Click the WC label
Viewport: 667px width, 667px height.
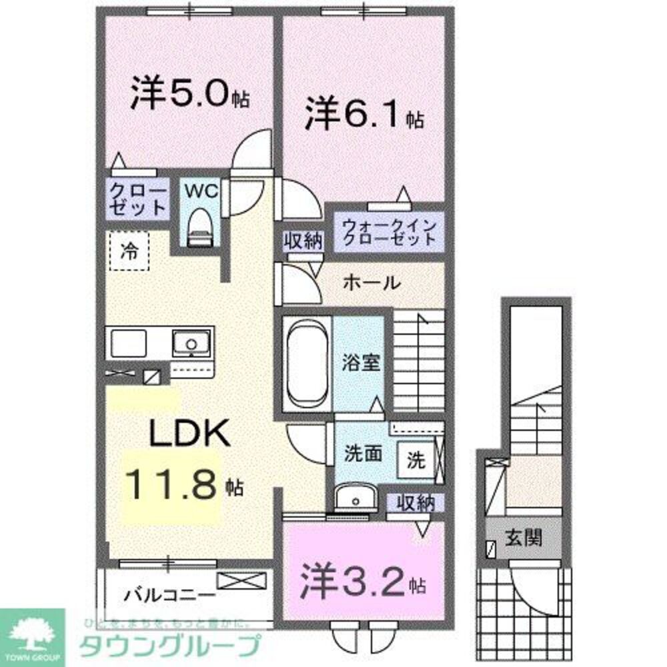201,191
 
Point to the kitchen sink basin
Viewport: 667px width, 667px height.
191,344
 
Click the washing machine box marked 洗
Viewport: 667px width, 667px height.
414,460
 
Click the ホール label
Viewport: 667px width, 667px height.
372,283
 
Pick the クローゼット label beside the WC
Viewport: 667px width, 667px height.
137,199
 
